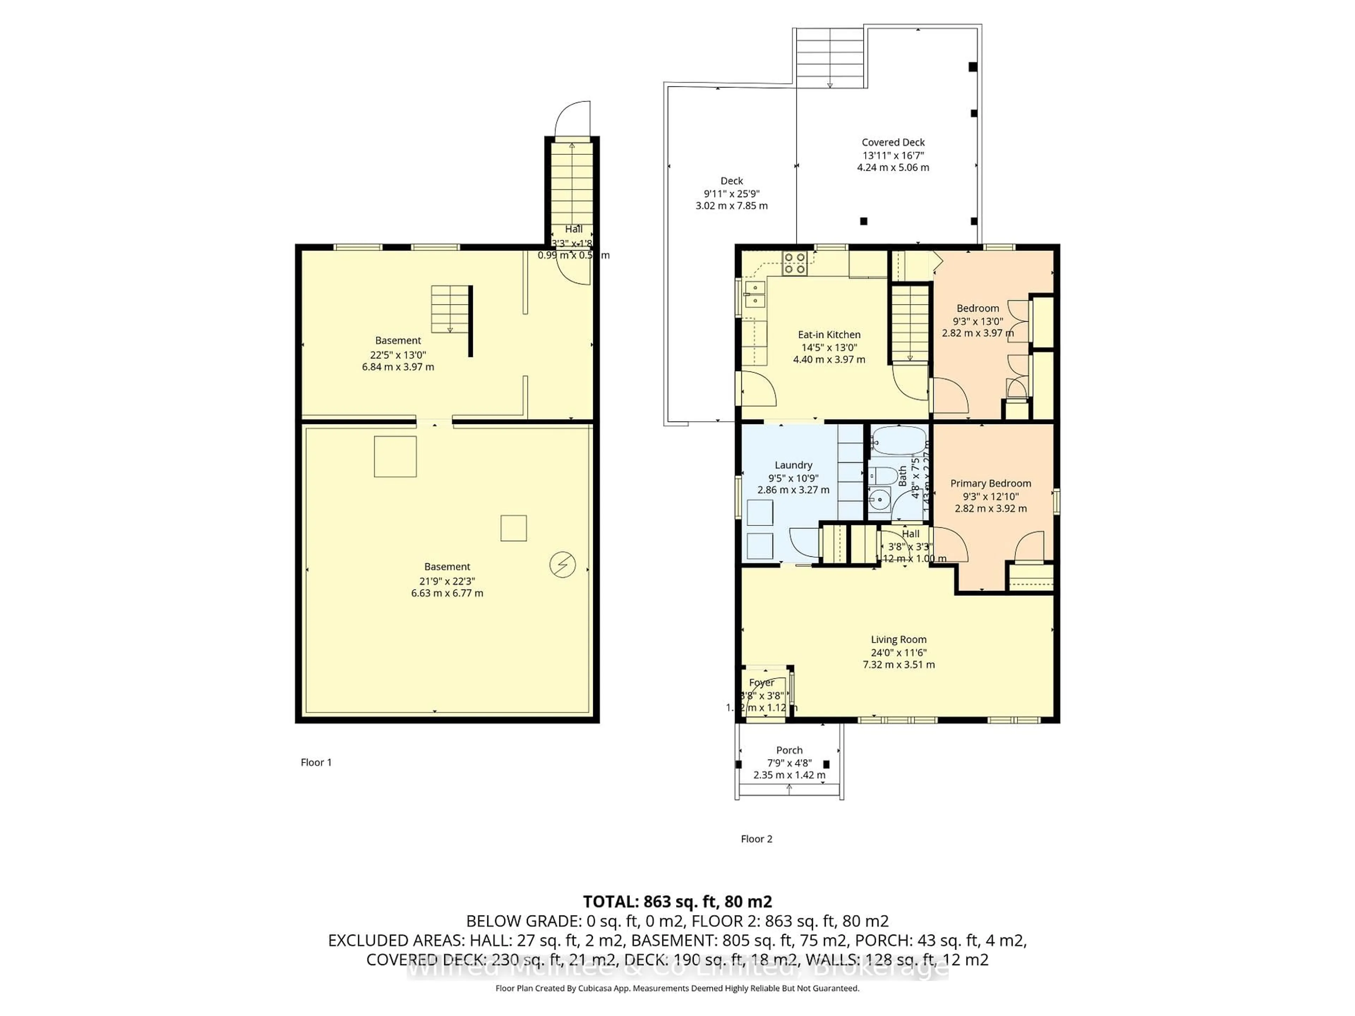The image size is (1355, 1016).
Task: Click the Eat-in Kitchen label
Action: click(829, 334)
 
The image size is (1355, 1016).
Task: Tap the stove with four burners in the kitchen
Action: click(795, 263)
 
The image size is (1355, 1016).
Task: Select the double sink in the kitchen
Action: click(755, 295)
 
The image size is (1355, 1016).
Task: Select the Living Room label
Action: click(899, 639)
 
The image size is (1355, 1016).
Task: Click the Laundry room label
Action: click(793, 465)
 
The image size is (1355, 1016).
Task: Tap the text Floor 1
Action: click(316, 762)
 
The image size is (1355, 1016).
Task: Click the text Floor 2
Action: click(757, 839)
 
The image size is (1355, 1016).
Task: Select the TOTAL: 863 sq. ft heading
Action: click(677, 901)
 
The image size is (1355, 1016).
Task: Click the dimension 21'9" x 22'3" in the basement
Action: click(447, 581)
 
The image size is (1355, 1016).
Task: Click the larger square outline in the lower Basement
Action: click(395, 456)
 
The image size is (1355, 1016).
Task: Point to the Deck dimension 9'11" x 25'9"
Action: click(731, 194)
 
